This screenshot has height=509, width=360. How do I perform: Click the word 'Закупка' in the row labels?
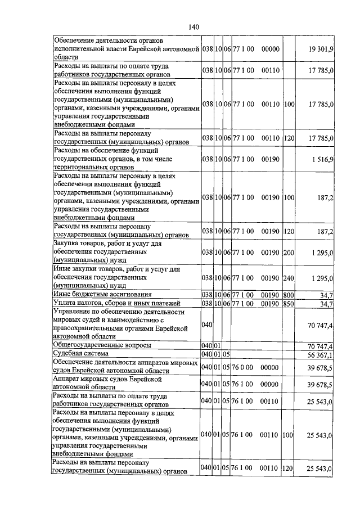click(x=67, y=244)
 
